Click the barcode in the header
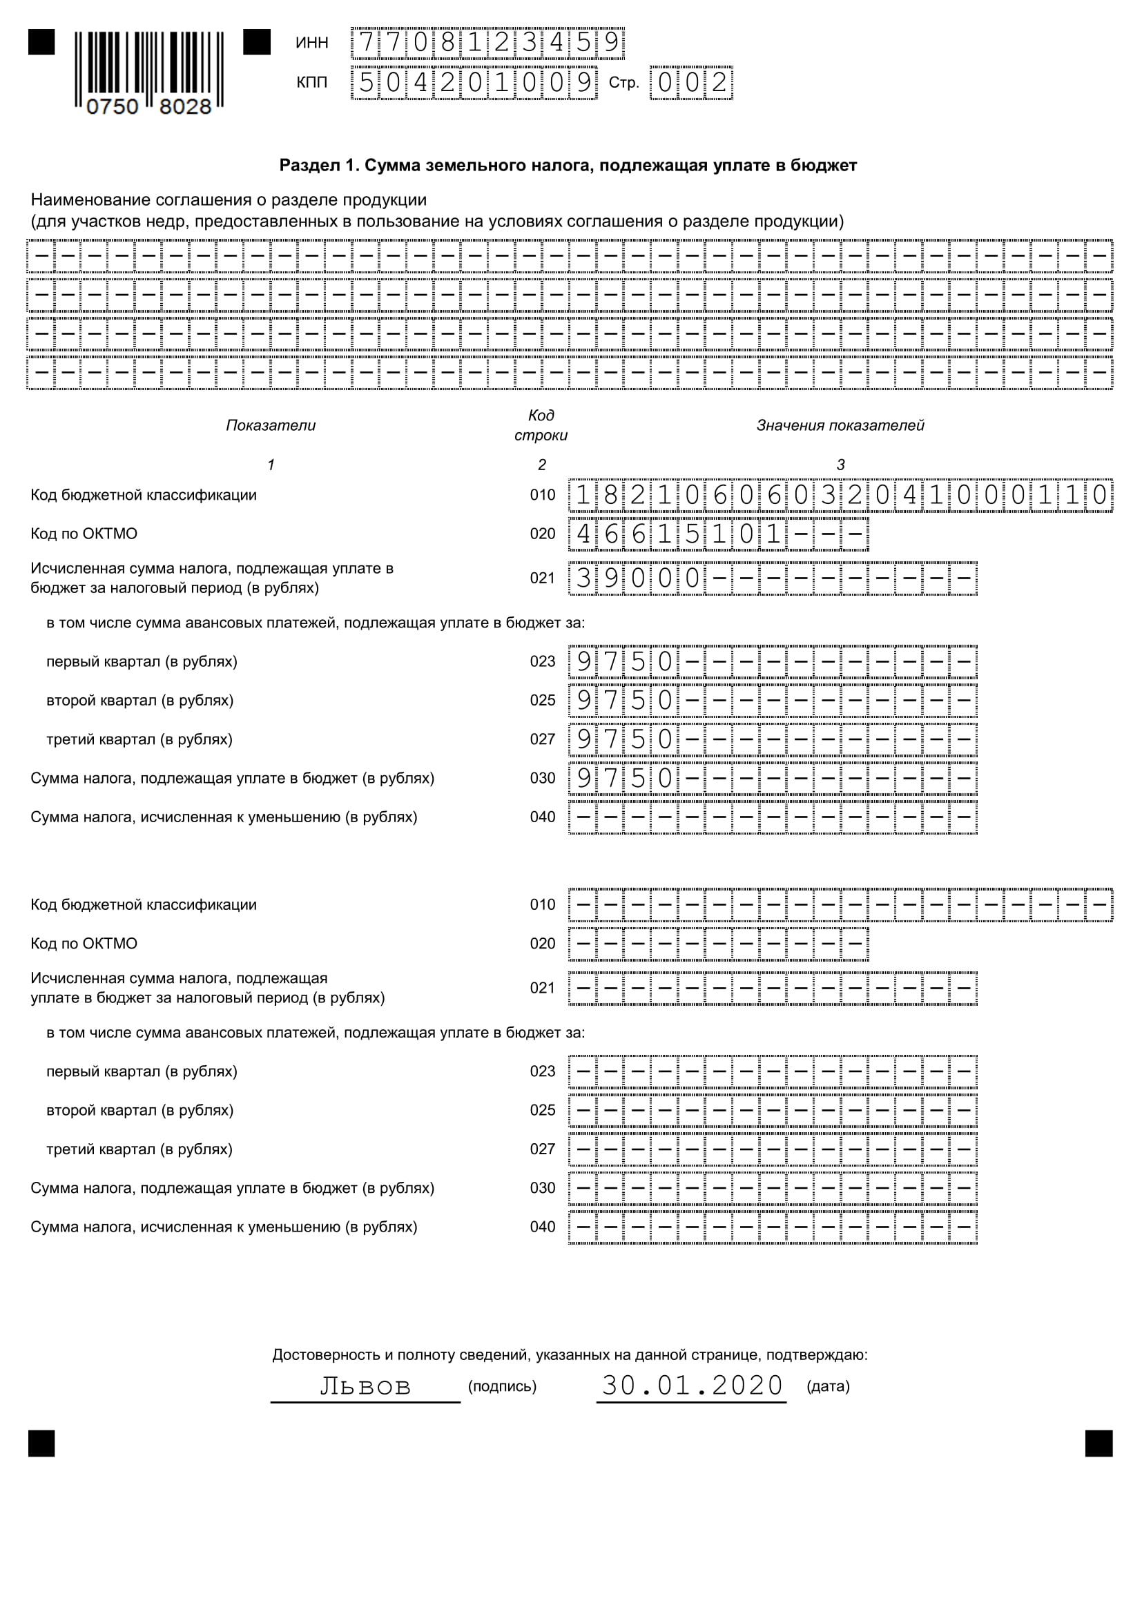tap(149, 71)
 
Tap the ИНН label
tap(311, 43)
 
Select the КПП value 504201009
tap(474, 83)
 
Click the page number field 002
tap(691, 83)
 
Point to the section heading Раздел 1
tap(568, 165)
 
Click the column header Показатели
tap(271, 425)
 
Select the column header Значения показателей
tap(840, 425)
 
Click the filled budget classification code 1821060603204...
tap(840, 495)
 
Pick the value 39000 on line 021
tap(639, 578)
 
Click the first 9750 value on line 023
tap(624, 661)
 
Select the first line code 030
tap(542, 778)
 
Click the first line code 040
tap(542, 817)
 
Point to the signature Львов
tap(365, 1385)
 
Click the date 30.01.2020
tap(692, 1385)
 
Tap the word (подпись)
tap(502, 1386)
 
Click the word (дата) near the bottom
tap(828, 1386)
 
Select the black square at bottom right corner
tap(1099, 1443)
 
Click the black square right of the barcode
tap(257, 42)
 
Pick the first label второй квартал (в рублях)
tap(139, 700)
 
